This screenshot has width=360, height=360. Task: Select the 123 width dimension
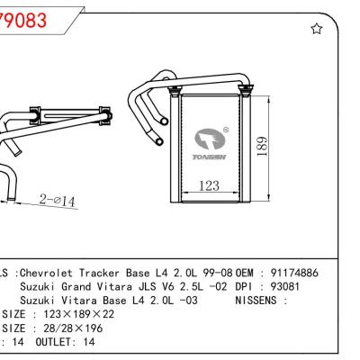(209, 186)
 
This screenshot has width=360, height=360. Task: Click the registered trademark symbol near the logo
(225, 128)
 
